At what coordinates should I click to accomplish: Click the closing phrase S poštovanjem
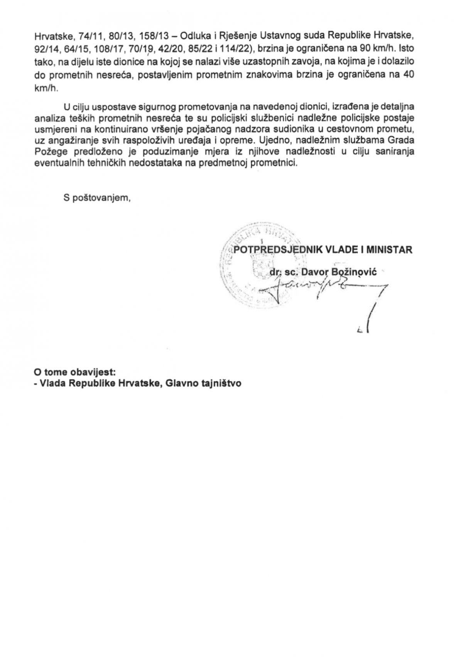pos(97,198)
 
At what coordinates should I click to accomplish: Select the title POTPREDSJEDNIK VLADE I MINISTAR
pos(323,250)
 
